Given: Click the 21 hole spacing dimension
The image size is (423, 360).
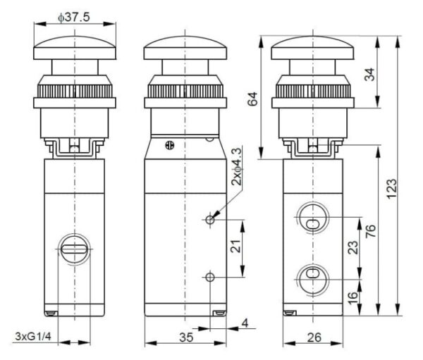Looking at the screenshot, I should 235,247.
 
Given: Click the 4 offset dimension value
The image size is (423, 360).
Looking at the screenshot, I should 245,324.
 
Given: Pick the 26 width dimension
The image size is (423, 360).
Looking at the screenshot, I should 314,337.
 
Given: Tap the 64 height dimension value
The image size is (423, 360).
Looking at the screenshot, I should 252,103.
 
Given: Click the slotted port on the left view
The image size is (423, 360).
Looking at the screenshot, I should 73,249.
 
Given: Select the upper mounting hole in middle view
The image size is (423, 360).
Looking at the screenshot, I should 210,221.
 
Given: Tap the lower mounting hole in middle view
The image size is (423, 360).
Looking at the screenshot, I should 210,277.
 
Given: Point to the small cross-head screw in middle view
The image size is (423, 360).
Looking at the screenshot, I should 168,147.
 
